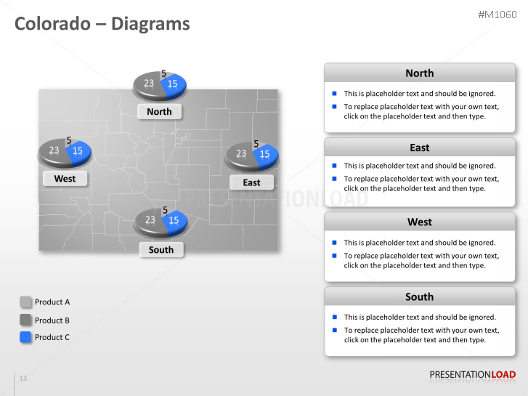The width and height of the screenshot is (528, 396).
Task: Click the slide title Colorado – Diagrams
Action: click(102, 24)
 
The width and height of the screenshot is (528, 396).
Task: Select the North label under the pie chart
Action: click(159, 111)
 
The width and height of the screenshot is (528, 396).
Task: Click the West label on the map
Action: click(65, 178)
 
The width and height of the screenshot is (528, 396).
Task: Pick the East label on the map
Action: click(251, 182)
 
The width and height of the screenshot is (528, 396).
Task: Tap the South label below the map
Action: click(161, 249)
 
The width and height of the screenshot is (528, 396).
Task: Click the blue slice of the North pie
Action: click(174, 84)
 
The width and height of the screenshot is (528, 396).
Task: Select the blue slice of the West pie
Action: click(78, 151)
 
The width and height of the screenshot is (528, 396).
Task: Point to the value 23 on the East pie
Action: click(241, 154)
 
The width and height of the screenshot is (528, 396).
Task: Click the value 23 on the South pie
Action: click(150, 220)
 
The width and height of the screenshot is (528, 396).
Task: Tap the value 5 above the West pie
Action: click(69, 141)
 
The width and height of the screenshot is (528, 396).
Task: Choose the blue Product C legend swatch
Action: click(26, 337)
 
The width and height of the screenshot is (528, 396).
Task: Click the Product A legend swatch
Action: click(26, 302)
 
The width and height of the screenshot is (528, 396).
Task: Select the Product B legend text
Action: click(52, 320)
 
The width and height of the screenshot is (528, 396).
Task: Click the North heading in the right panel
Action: click(419, 73)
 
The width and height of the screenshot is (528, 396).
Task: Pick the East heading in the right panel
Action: click(419, 148)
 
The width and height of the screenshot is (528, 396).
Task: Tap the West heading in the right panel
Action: click(419, 222)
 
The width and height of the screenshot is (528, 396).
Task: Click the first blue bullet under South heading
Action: click(334, 317)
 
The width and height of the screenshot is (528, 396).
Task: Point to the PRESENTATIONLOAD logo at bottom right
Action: click(472, 375)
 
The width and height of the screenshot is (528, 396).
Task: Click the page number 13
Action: click(23, 379)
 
